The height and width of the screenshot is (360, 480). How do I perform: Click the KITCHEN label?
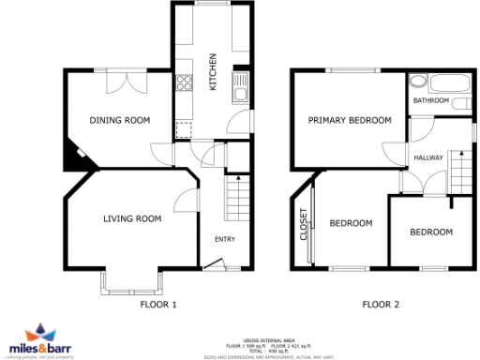click(x=213, y=71)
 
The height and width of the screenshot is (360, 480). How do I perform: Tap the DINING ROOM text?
click(x=120, y=120)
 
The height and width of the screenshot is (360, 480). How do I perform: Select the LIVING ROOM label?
click(x=132, y=218)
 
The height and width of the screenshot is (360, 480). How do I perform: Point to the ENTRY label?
click(x=225, y=239)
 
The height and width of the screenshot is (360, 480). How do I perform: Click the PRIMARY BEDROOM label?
click(x=350, y=120)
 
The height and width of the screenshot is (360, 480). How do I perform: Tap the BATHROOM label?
click(x=432, y=99)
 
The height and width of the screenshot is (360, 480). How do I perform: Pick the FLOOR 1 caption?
click(x=158, y=305)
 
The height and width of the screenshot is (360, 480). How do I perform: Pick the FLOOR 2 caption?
click(x=381, y=305)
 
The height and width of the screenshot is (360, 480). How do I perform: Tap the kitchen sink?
click(x=240, y=87)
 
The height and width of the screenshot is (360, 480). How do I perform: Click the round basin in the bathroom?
click(x=416, y=81)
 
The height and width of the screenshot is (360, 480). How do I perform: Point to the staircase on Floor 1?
click(x=236, y=199)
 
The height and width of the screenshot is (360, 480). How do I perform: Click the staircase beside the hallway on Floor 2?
click(x=458, y=170)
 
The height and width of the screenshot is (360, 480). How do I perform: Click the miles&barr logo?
click(x=43, y=340)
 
